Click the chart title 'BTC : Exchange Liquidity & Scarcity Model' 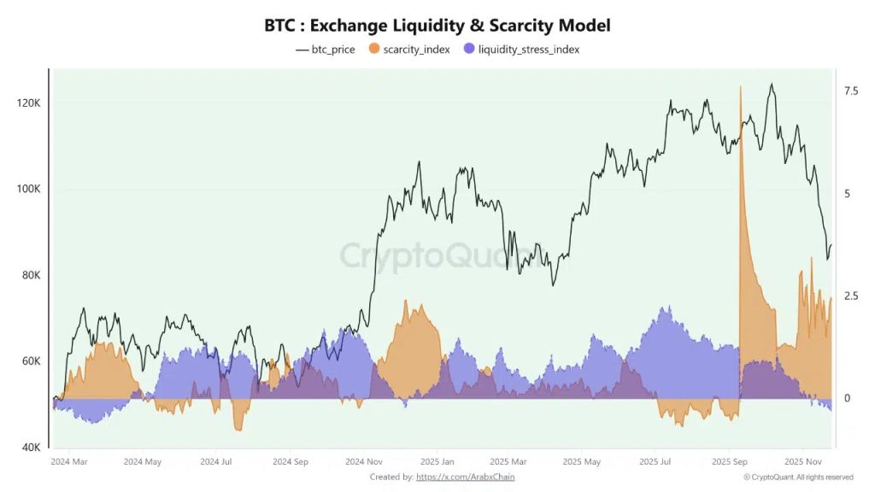pyautogui.click(x=437, y=26)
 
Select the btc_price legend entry pyautogui.click(x=326, y=50)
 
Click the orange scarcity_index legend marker pyautogui.click(x=374, y=50)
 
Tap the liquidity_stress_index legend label pyautogui.click(x=528, y=50)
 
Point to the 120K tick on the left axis pyautogui.click(x=28, y=103)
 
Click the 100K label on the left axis pyautogui.click(x=28, y=190)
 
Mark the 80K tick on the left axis pyautogui.click(x=30, y=276)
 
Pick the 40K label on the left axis pyautogui.click(x=30, y=448)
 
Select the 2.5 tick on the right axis pyautogui.click(x=851, y=296)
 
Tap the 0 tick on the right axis pyautogui.click(x=847, y=399)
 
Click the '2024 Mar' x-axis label pyautogui.click(x=68, y=462)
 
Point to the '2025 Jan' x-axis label pyautogui.click(x=437, y=462)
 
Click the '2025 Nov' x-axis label pyautogui.click(x=802, y=462)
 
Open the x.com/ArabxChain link pyautogui.click(x=465, y=477)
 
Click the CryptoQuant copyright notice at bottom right pyautogui.click(x=798, y=477)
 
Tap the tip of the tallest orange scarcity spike pyautogui.click(x=740, y=87)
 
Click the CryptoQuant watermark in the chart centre pyautogui.click(x=437, y=255)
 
